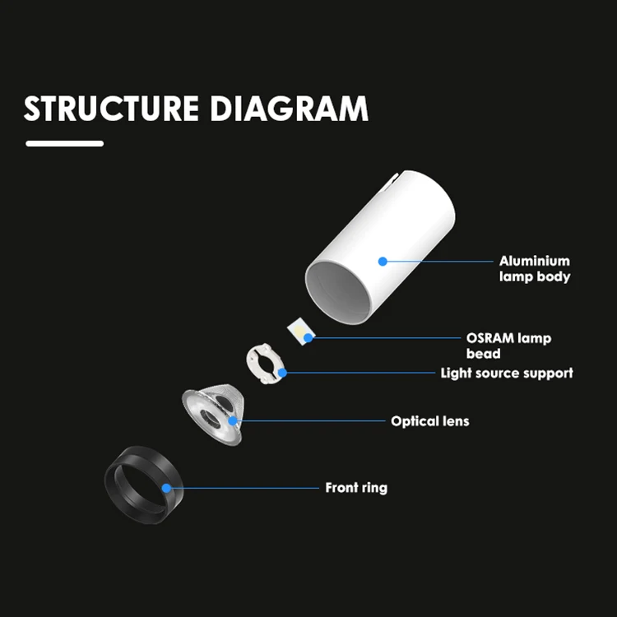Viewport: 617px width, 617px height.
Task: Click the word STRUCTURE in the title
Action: [x=111, y=109]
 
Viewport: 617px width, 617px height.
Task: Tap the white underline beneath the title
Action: [x=65, y=143]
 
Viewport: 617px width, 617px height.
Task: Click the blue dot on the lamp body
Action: [x=383, y=261]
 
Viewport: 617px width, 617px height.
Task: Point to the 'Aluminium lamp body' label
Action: [x=534, y=269]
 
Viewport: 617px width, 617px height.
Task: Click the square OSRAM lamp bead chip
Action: [x=299, y=333]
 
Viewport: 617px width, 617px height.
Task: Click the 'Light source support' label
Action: [x=506, y=373]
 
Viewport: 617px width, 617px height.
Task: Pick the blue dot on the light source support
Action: [x=282, y=373]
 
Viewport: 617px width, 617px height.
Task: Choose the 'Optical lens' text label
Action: [x=429, y=421]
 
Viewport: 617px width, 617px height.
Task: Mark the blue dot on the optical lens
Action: [x=234, y=421]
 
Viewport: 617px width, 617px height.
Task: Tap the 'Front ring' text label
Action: [x=355, y=488]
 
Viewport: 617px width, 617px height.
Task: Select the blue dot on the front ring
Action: [x=167, y=488]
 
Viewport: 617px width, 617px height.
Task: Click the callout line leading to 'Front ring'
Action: [x=247, y=488]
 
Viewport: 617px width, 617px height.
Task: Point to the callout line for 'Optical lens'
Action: [x=313, y=421]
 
